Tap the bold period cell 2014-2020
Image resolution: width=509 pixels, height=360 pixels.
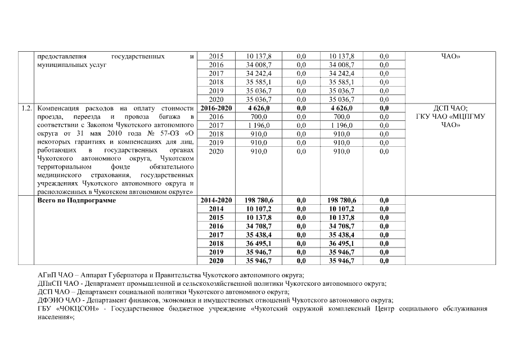(x=216, y=200)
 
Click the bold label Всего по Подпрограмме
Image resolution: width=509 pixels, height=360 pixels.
(x=76, y=200)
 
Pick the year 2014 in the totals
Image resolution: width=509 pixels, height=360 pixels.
(x=216, y=209)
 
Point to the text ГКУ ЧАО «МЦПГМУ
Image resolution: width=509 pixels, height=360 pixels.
(x=450, y=116)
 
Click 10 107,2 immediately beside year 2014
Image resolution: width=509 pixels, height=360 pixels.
(x=259, y=209)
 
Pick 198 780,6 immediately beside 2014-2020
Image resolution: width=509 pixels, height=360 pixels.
(x=259, y=200)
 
